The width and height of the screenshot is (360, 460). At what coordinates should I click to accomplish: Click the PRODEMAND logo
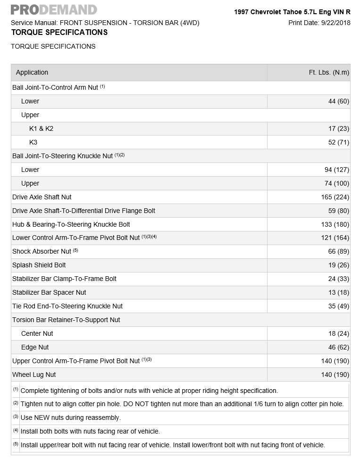tap(53, 9)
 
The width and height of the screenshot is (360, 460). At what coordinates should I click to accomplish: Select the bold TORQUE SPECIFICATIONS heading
tap(59, 33)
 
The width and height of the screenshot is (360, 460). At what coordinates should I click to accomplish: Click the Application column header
tap(32, 72)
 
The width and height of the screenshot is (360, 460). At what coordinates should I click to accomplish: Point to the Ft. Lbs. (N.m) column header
tap(329, 72)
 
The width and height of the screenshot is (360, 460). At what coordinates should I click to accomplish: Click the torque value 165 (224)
tap(335, 197)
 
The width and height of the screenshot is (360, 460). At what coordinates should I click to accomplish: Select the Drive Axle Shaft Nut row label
tap(42, 197)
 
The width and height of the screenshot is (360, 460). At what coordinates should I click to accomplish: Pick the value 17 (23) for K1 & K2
tap(339, 128)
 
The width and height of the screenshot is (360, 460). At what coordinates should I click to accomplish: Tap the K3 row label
tap(33, 142)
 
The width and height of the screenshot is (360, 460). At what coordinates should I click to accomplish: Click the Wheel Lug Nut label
tap(34, 375)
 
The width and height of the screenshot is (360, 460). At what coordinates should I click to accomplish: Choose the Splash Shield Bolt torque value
tap(339, 265)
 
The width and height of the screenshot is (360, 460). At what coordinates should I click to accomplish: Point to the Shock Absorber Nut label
tap(42, 251)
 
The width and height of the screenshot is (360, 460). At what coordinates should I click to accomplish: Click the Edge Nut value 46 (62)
tap(339, 347)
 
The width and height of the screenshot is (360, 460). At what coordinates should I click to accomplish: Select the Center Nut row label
tap(37, 333)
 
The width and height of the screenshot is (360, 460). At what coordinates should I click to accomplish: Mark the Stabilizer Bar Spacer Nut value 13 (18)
tap(339, 292)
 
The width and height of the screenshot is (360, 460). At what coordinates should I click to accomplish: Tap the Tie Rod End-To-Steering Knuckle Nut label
tap(67, 306)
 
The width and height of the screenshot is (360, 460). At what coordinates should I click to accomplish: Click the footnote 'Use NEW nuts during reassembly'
tap(71, 417)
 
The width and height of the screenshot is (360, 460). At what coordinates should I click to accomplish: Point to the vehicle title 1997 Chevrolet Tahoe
tap(292, 12)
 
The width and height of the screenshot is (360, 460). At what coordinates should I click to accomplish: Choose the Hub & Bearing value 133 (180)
tap(335, 224)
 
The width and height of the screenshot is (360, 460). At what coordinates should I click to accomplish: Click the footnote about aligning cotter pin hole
tap(182, 404)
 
